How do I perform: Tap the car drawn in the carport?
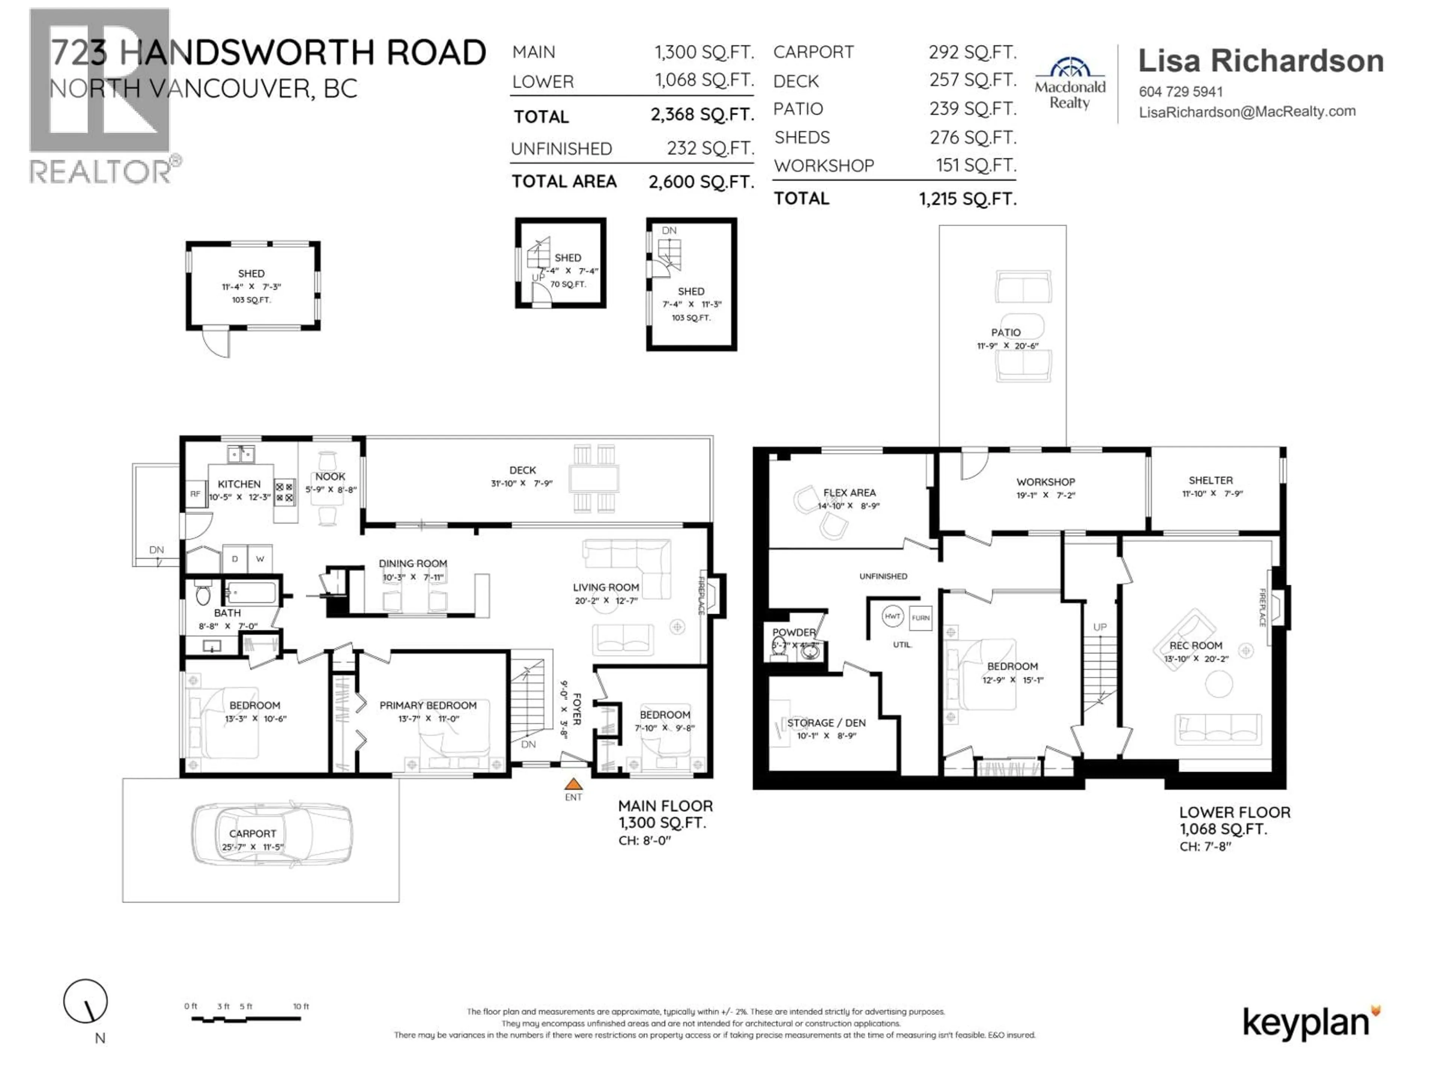[271, 834]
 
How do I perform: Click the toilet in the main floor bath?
[203, 595]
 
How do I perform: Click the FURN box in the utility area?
[921, 617]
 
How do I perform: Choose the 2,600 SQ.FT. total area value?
[701, 182]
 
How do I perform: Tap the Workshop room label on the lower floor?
[1045, 482]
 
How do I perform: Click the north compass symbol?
[85, 1001]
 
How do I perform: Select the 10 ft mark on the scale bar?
[301, 1006]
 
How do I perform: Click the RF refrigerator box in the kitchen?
[194, 494]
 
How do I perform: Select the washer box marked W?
[260, 559]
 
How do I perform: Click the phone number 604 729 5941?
[1180, 92]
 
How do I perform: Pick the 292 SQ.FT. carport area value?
[972, 52]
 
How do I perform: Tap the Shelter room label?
[1210, 481]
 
